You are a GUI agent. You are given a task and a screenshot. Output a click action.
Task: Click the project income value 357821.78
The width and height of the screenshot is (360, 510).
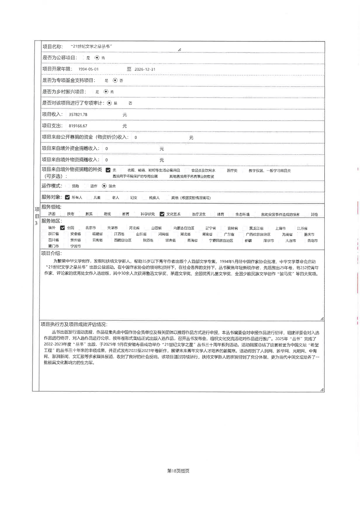(78, 115)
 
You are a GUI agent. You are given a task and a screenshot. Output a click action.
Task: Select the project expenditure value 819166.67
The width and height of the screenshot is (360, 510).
(78, 126)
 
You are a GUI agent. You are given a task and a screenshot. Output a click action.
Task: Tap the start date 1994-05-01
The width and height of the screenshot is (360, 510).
(88, 69)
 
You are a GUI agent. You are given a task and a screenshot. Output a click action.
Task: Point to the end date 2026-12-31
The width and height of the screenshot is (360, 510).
(145, 69)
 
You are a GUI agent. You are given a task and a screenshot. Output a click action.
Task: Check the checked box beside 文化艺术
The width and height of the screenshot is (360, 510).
(162, 214)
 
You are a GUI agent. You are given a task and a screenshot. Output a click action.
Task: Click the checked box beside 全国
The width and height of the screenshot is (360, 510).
(62, 228)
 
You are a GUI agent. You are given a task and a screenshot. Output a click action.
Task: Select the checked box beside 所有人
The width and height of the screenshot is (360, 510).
(68, 197)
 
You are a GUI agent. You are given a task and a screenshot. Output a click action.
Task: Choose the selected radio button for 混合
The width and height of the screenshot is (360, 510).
(104, 186)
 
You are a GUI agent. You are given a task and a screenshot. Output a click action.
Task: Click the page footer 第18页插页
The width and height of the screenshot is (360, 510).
(178, 471)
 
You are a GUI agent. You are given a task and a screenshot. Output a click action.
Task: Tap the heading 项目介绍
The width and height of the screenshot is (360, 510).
(51, 253)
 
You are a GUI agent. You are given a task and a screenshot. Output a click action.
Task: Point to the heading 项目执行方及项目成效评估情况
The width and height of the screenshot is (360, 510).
(74, 325)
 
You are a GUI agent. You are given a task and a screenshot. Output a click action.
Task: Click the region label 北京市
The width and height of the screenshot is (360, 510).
(90, 228)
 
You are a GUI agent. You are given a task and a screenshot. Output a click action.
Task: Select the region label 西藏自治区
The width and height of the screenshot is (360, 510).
(123, 240)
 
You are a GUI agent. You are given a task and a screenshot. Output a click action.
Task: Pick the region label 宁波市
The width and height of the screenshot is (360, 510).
(75, 246)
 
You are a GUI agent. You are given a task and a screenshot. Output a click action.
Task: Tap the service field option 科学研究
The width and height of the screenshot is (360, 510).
(148, 214)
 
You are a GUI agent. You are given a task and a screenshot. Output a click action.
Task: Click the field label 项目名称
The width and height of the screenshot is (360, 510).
(52, 47)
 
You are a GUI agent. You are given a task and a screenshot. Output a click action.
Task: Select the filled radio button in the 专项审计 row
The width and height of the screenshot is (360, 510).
(109, 103)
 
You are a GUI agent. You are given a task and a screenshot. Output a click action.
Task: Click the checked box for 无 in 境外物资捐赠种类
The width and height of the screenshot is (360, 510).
(108, 170)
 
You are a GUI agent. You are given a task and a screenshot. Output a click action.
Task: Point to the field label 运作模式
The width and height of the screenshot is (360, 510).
(52, 186)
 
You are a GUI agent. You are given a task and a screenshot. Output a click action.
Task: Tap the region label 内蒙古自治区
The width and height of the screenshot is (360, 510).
(183, 228)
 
